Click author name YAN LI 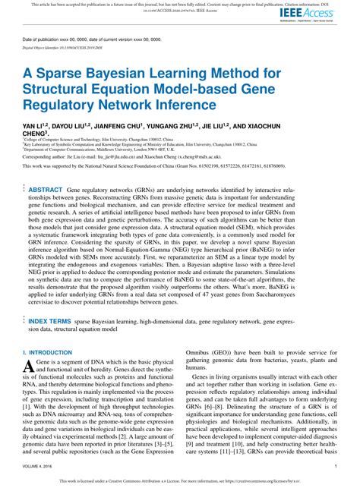coord(34,123)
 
